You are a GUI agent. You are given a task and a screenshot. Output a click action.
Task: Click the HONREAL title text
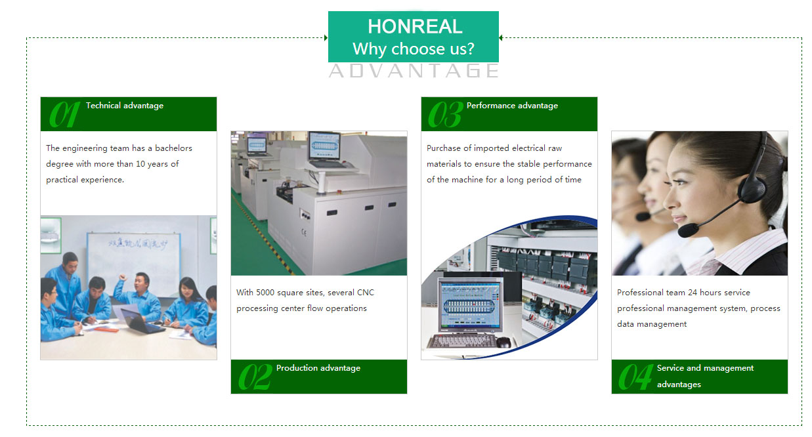click(x=415, y=26)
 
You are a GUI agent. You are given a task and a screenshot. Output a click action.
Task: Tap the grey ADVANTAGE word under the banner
click(x=414, y=70)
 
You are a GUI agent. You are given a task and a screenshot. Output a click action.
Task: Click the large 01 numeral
click(x=64, y=114)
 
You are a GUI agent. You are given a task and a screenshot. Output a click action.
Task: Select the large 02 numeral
click(x=255, y=377)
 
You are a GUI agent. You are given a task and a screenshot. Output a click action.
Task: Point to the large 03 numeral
click(x=446, y=114)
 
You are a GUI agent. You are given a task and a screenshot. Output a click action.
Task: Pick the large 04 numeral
click(x=635, y=377)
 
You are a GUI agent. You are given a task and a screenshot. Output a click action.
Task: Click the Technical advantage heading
click(x=125, y=106)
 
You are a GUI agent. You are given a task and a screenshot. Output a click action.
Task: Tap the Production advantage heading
click(x=318, y=368)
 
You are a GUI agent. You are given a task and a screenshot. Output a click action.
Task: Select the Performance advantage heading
click(x=512, y=106)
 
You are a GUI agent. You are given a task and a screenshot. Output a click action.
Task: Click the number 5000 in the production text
click(x=265, y=293)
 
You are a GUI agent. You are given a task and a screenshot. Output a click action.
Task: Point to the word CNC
click(x=366, y=293)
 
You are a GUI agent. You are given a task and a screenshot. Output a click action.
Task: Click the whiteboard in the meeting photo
click(x=133, y=262)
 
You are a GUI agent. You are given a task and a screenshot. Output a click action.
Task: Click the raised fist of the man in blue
click(x=123, y=278)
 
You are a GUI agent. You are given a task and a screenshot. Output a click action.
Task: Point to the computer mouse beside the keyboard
click(x=503, y=342)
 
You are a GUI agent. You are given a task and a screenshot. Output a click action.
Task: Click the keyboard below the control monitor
click(x=462, y=341)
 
